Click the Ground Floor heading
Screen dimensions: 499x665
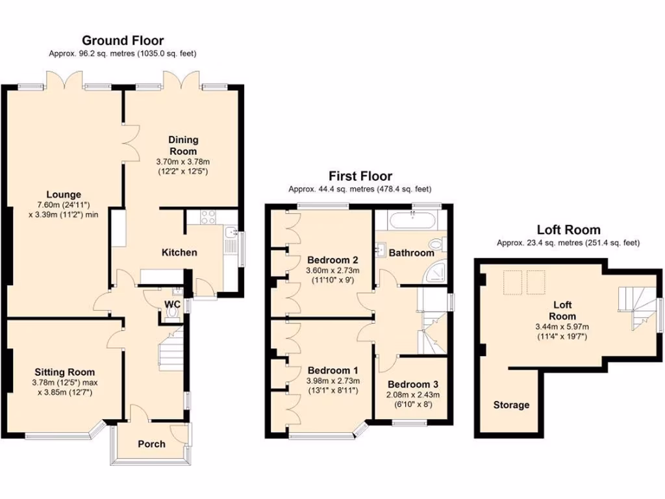click(x=123, y=41)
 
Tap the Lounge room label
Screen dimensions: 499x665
click(x=64, y=194)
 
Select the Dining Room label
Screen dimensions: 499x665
click(x=183, y=146)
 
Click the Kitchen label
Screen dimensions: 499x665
click(x=179, y=252)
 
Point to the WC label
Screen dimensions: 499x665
click(x=172, y=303)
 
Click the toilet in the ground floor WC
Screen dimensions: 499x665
click(x=173, y=314)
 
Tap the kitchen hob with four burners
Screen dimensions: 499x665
click(x=209, y=217)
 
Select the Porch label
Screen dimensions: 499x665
click(x=151, y=444)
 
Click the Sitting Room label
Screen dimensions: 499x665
click(x=64, y=372)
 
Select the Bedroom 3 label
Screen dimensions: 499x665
click(x=409, y=384)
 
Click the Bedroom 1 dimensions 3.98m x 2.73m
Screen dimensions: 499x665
click(x=333, y=380)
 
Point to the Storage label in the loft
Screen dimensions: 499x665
click(x=511, y=405)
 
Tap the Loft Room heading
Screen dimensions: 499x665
click(x=568, y=229)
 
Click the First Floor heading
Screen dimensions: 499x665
click(x=360, y=175)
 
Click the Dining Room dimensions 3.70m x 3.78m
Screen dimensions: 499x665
click(x=183, y=161)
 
